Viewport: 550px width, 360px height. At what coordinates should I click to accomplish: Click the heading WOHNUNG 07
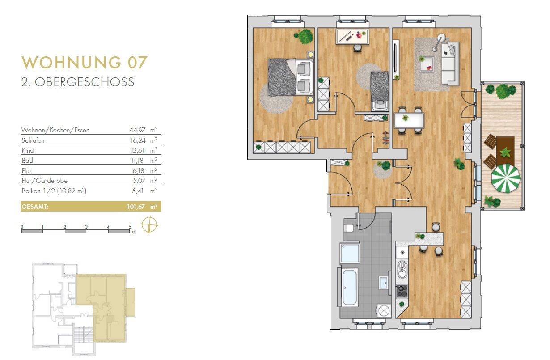tap(84, 62)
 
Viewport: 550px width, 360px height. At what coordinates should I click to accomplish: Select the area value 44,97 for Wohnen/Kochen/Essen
tap(138, 130)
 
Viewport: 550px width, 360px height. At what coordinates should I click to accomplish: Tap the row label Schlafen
tap(33, 140)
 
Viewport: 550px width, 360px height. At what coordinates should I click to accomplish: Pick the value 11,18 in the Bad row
tap(137, 161)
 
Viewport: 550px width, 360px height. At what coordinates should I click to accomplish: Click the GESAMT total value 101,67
tap(136, 207)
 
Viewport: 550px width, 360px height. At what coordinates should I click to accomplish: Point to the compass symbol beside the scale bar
tap(149, 224)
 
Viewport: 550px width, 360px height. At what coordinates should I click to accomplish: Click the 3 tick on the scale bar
tap(86, 227)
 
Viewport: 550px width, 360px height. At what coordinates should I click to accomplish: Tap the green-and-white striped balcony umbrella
tap(506, 178)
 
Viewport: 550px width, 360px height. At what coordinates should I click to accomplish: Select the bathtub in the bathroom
tap(349, 287)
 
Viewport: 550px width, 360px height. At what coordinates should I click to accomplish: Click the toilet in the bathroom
tap(349, 228)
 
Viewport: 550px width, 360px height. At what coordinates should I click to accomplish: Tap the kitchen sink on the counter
tap(402, 269)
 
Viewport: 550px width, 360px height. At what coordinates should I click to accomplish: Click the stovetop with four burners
tap(402, 291)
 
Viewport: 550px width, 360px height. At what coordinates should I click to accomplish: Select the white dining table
tap(409, 120)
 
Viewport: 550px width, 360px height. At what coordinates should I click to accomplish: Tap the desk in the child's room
tap(353, 37)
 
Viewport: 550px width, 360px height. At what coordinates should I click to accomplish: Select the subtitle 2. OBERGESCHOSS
tap(78, 82)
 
